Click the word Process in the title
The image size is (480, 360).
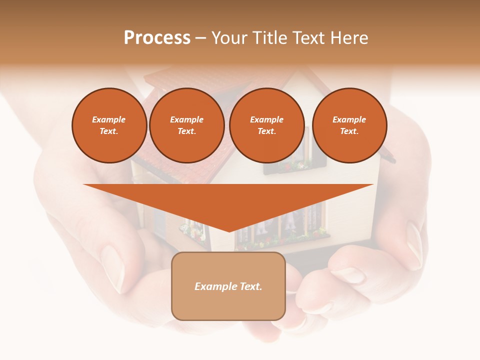[157, 38]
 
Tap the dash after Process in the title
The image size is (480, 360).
[200, 38]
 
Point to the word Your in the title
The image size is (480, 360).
[229, 38]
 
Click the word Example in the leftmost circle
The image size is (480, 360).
[109, 119]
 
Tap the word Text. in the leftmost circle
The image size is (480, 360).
[109, 131]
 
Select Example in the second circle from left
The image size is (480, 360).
[186, 119]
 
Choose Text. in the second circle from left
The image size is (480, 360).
[186, 131]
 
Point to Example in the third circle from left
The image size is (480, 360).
[266, 119]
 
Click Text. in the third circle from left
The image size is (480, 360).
[266, 131]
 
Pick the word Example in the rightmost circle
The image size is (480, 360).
[349, 119]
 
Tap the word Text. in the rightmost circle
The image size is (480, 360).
[349, 131]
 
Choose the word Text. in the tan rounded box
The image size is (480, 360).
[251, 286]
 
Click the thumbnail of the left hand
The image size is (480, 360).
[113, 267]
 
